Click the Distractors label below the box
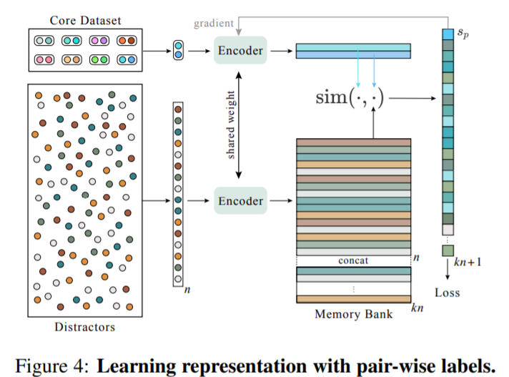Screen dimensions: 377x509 click(x=84, y=328)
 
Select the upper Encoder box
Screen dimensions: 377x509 click(x=240, y=51)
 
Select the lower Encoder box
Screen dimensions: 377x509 click(x=240, y=201)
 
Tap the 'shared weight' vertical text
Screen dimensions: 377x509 click(x=231, y=126)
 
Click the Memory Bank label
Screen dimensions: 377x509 click(x=355, y=313)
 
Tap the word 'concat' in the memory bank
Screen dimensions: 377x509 click(x=354, y=260)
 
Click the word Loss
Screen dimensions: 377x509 click(x=448, y=293)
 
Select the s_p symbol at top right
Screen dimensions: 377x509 click(x=465, y=33)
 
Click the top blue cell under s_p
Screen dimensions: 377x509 click(x=448, y=34)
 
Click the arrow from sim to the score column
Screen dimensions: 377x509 click(x=415, y=97)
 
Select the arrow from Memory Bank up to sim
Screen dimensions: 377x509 click(x=372, y=123)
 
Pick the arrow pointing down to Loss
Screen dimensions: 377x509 click(x=448, y=269)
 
